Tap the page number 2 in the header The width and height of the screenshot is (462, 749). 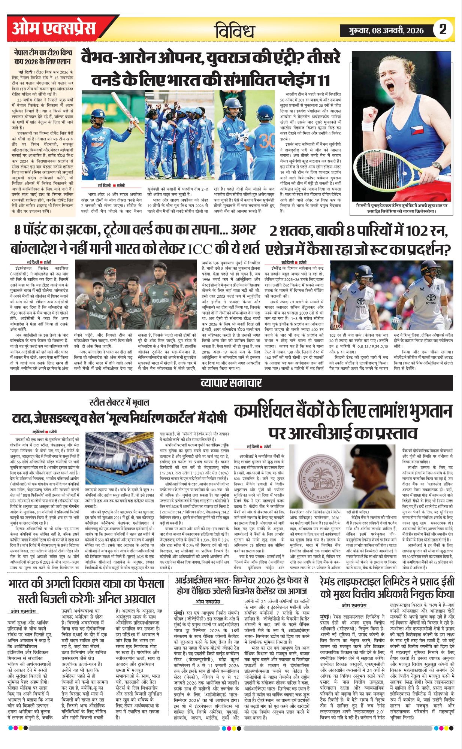click(x=443, y=30)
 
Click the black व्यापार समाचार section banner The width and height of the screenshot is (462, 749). click(x=231, y=383)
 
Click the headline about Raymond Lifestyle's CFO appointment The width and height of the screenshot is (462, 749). click(x=387, y=588)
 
